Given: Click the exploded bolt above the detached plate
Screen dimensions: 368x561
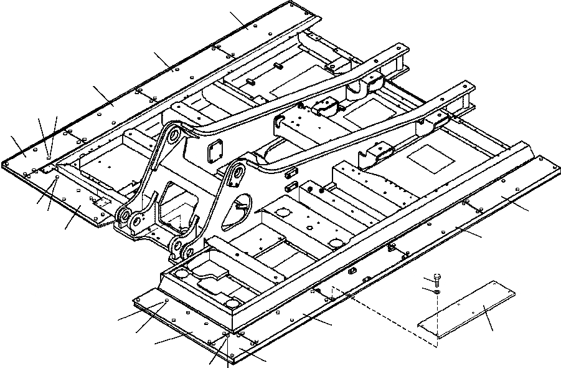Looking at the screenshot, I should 437,280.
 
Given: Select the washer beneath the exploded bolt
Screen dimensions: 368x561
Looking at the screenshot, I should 437,290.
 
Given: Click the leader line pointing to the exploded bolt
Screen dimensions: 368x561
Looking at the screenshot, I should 428,278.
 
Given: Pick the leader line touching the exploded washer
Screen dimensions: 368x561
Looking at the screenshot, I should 428,288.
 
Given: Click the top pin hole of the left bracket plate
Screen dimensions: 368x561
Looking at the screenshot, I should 173,133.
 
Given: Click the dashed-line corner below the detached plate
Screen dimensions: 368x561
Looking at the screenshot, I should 431,343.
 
